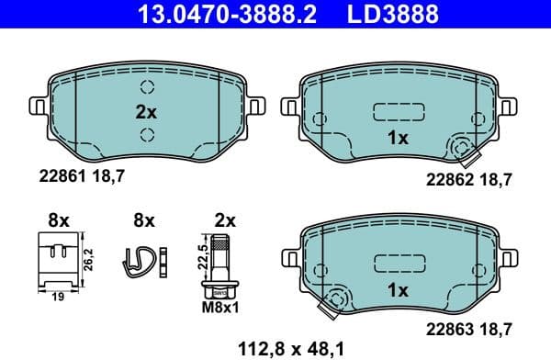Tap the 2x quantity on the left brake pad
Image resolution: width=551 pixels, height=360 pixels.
click(147, 113)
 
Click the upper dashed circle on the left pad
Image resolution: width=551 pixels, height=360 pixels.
click(147, 88)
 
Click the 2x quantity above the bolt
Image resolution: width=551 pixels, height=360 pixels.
click(223, 220)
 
